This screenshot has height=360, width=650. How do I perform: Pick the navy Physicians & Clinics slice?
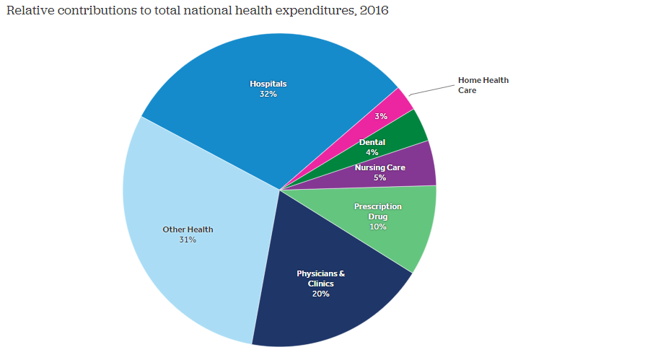(325, 310)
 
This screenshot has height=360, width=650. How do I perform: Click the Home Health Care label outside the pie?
(483, 85)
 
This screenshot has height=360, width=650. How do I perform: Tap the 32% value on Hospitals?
(268, 94)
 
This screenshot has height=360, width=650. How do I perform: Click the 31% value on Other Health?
(188, 240)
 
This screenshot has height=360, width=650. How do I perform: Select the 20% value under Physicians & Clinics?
(320, 294)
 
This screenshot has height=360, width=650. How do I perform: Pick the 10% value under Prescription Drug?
(377, 227)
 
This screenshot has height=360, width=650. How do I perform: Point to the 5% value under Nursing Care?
(379, 177)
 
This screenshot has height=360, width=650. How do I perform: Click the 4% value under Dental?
(372, 152)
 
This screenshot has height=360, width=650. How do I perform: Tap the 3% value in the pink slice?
(381, 116)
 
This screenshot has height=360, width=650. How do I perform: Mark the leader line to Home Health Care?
(431, 89)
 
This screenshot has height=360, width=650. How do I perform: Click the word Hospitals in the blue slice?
(268, 84)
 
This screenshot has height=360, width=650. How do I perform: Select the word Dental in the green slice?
(372, 142)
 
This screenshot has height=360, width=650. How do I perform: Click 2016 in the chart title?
(373, 12)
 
